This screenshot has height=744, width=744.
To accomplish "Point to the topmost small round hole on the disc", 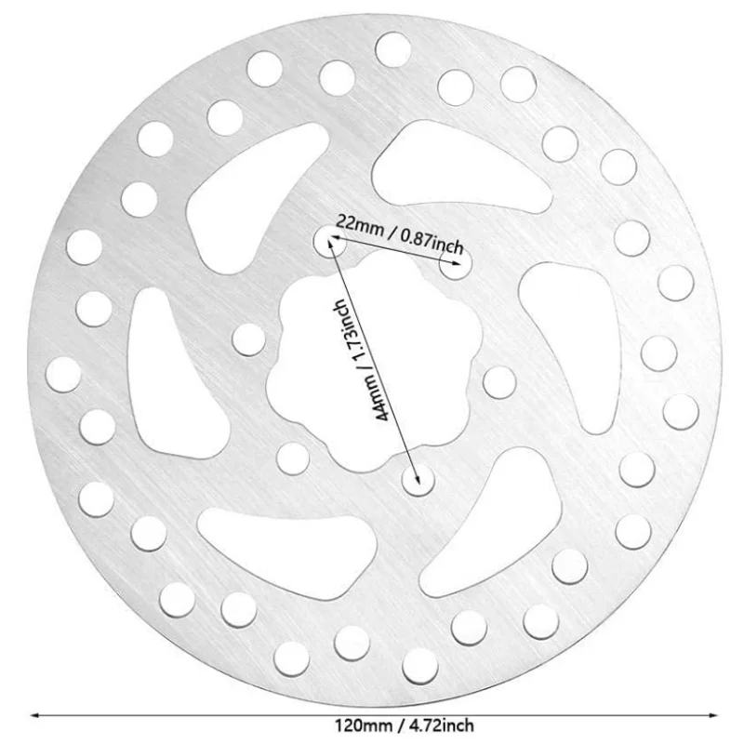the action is pyautogui.click(x=393, y=48).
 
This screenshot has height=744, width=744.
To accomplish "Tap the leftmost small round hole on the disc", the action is pyautogui.click(x=63, y=374).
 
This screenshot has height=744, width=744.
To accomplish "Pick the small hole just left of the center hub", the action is pyautogui.click(x=248, y=339).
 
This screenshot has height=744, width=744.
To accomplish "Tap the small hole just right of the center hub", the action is pyautogui.click(x=499, y=381).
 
